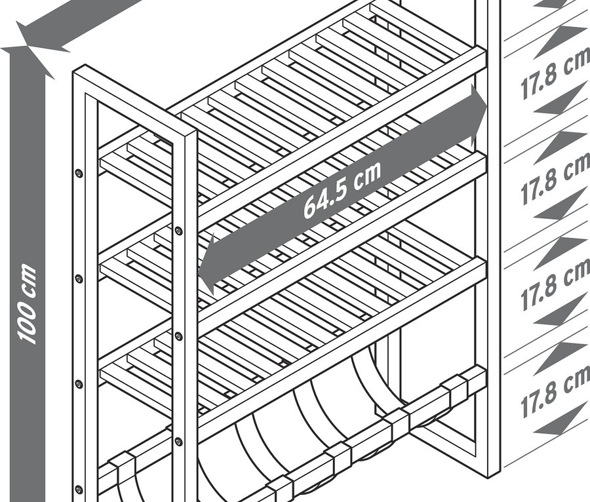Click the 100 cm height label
pos(27,304)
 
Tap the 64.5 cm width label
pos(342,190)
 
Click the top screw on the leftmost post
pos(79,174)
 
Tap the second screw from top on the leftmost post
pos(79,279)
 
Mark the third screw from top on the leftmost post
pos(79,384)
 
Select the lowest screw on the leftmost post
pos(79,489)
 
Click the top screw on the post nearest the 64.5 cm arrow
pos(179,231)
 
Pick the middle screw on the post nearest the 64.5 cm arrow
pos(179,336)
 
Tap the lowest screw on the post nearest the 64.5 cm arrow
pos(179,441)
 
